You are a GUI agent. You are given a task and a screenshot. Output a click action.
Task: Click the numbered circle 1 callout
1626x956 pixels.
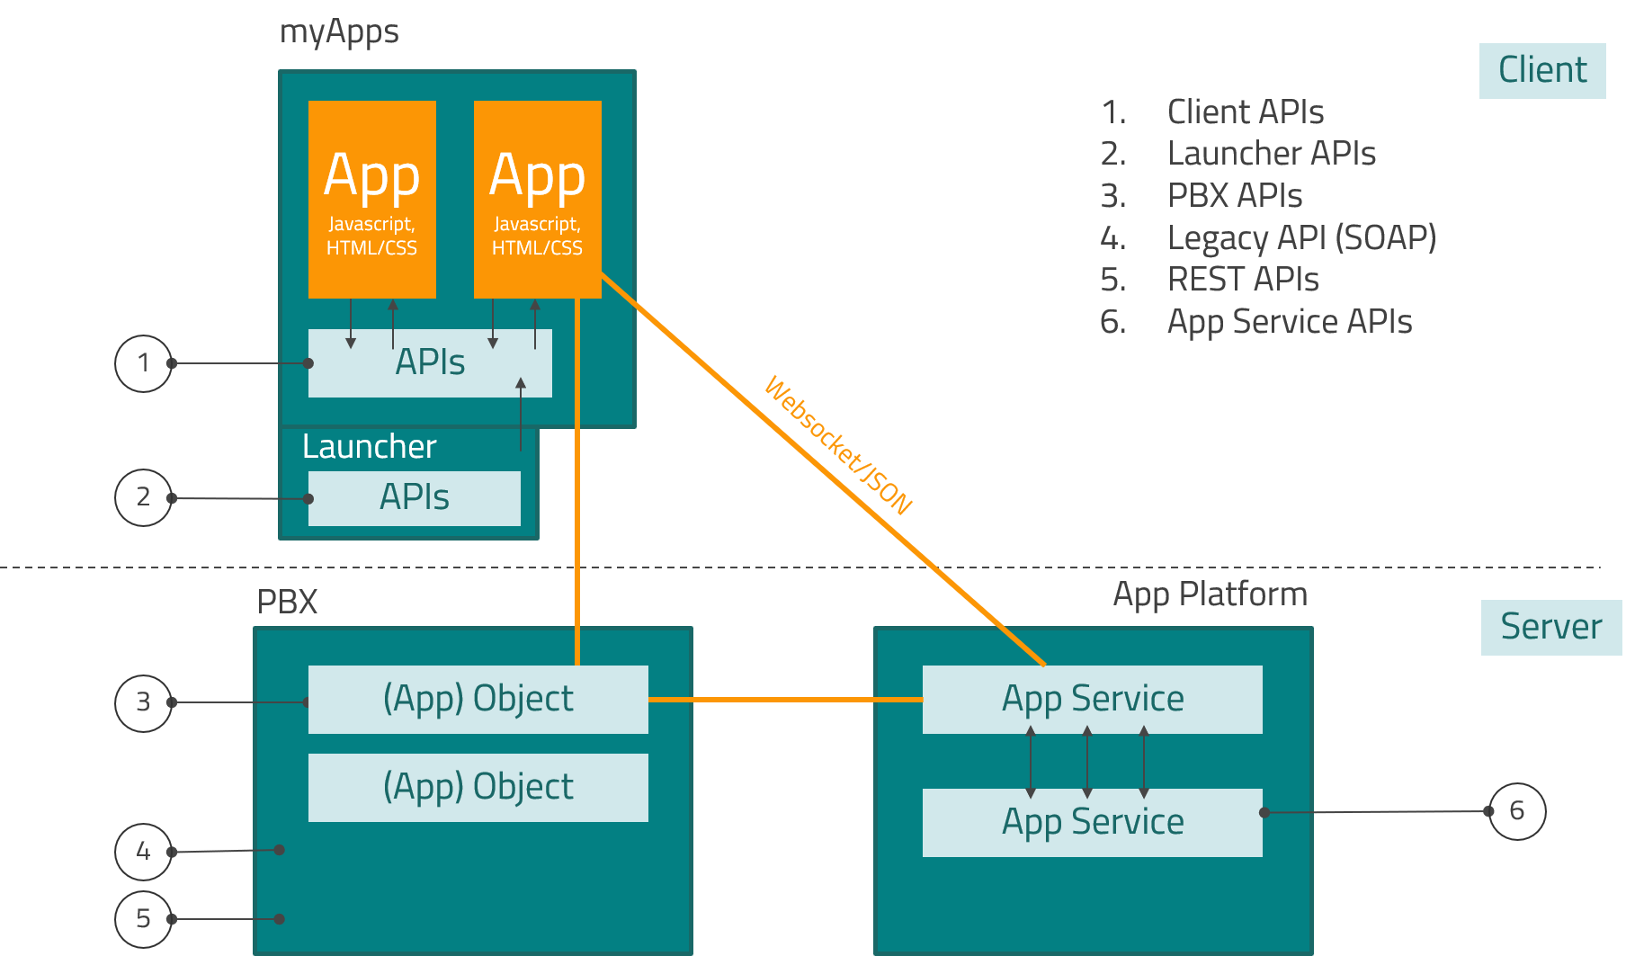point(143,363)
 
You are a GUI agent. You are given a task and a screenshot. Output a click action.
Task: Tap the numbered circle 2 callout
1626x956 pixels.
point(143,497)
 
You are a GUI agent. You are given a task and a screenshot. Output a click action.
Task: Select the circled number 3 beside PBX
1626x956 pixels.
point(143,702)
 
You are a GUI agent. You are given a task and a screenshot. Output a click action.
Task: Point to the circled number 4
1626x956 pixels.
point(143,851)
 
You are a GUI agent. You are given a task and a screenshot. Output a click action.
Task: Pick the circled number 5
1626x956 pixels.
point(143,918)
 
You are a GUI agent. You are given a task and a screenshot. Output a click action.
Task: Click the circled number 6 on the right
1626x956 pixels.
point(1517,811)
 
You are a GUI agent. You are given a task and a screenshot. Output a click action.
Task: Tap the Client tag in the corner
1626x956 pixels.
point(1541,70)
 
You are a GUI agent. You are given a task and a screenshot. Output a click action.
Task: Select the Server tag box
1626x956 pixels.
point(1550,627)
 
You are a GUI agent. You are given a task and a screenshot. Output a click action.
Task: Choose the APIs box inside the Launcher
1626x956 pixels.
point(414,498)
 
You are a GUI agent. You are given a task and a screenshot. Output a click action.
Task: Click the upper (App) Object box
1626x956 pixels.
point(478,700)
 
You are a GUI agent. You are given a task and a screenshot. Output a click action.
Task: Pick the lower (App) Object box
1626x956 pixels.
point(478,788)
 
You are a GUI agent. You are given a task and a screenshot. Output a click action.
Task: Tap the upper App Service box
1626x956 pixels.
point(1092,700)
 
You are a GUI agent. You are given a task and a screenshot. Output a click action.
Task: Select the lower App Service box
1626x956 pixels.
point(1092,823)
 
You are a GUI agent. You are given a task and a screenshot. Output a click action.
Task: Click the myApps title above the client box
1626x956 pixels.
point(339,32)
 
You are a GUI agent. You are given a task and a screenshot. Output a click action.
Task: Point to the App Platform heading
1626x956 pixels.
point(1210,594)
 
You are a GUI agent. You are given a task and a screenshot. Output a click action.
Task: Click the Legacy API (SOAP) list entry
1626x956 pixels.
point(1300,238)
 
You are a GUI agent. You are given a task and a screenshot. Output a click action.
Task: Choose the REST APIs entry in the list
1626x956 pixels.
point(1242,280)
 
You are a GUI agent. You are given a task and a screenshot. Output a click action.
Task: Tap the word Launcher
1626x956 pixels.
point(369,447)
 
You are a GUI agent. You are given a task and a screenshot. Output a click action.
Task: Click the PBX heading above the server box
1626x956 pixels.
point(287,602)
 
